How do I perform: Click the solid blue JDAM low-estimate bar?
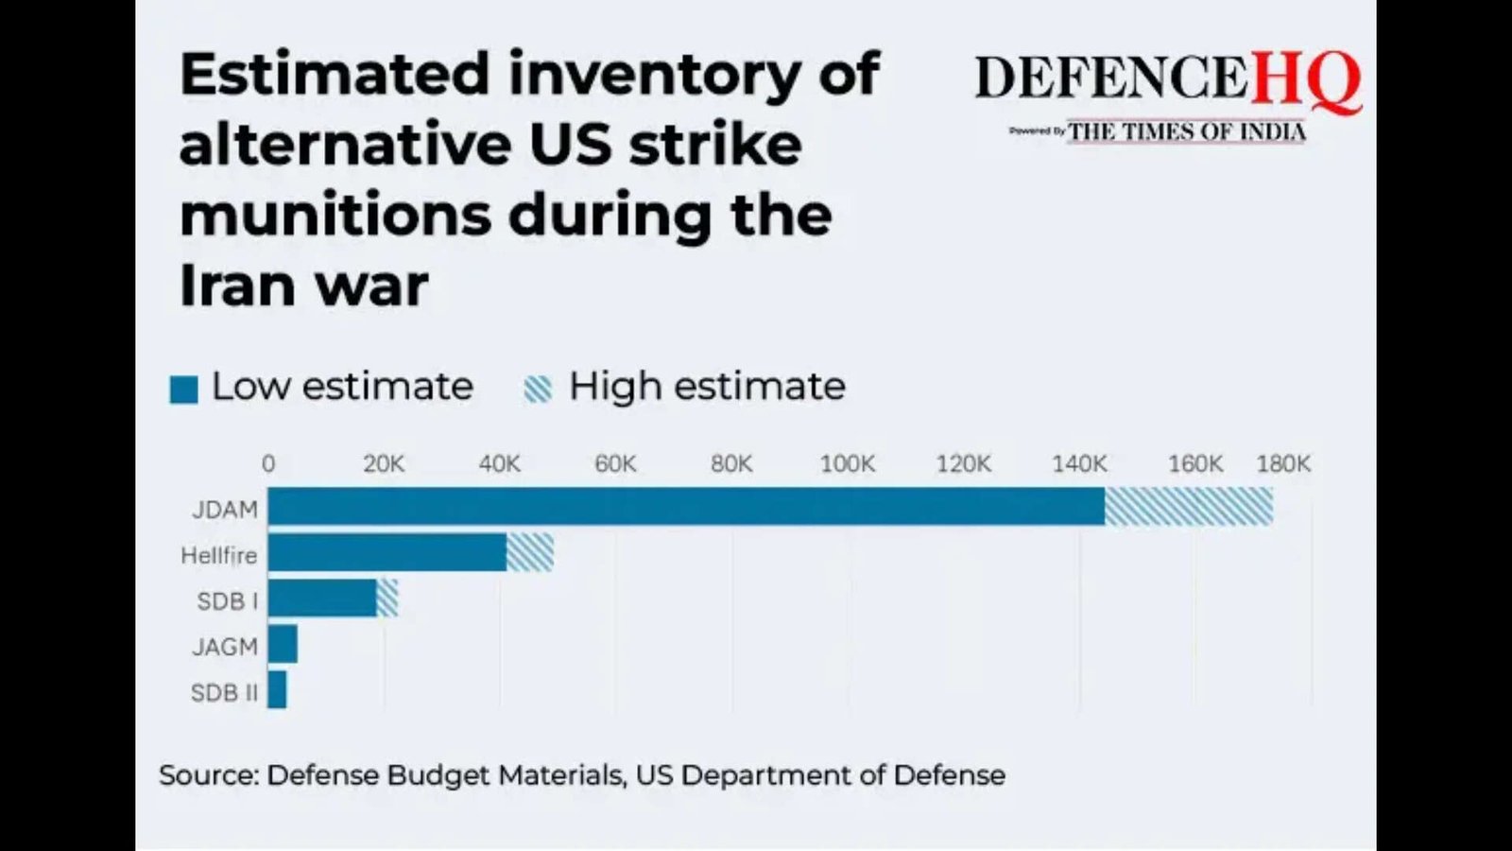(x=686, y=507)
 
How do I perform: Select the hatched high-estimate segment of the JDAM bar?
(x=1189, y=507)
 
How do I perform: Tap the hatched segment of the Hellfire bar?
(x=530, y=552)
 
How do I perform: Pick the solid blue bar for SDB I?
(x=322, y=599)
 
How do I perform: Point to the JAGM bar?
(x=283, y=644)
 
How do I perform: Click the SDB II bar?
(x=277, y=690)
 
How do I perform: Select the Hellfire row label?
(x=219, y=555)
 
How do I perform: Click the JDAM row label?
(x=225, y=510)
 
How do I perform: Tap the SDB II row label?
(x=224, y=693)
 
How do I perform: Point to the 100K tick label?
(x=847, y=464)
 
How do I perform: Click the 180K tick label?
(x=1282, y=464)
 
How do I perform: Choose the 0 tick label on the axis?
(x=268, y=464)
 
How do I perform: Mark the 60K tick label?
(x=615, y=464)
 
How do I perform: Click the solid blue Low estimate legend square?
(x=184, y=390)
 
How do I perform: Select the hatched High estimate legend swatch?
(x=538, y=390)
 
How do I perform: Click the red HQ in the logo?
(x=1306, y=79)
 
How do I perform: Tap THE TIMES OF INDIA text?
(x=1187, y=132)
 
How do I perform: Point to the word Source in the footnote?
(x=208, y=775)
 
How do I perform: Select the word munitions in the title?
(x=335, y=216)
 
